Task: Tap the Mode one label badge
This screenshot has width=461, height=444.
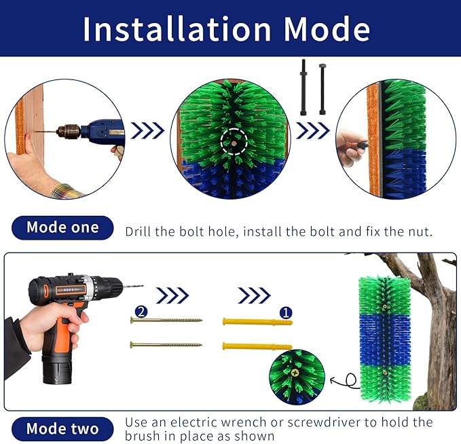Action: pyautogui.click(x=62, y=227)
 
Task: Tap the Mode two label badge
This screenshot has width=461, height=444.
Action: pyautogui.click(x=62, y=428)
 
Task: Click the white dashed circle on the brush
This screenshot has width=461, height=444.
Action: pyautogui.click(x=234, y=141)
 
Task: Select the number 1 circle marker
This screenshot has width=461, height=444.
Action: pyautogui.click(x=286, y=312)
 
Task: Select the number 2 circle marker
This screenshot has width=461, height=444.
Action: pyautogui.click(x=141, y=312)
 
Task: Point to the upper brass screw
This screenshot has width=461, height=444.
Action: pyautogui.click(x=166, y=320)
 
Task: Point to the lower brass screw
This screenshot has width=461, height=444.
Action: pyautogui.click(x=166, y=345)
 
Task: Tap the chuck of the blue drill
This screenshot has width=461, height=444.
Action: pyautogui.click(x=69, y=130)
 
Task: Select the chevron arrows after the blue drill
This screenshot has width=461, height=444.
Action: pyautogui.click(x=147, y=130)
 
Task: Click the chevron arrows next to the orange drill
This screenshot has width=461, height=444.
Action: pyautogui.click(x=172, y=295)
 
